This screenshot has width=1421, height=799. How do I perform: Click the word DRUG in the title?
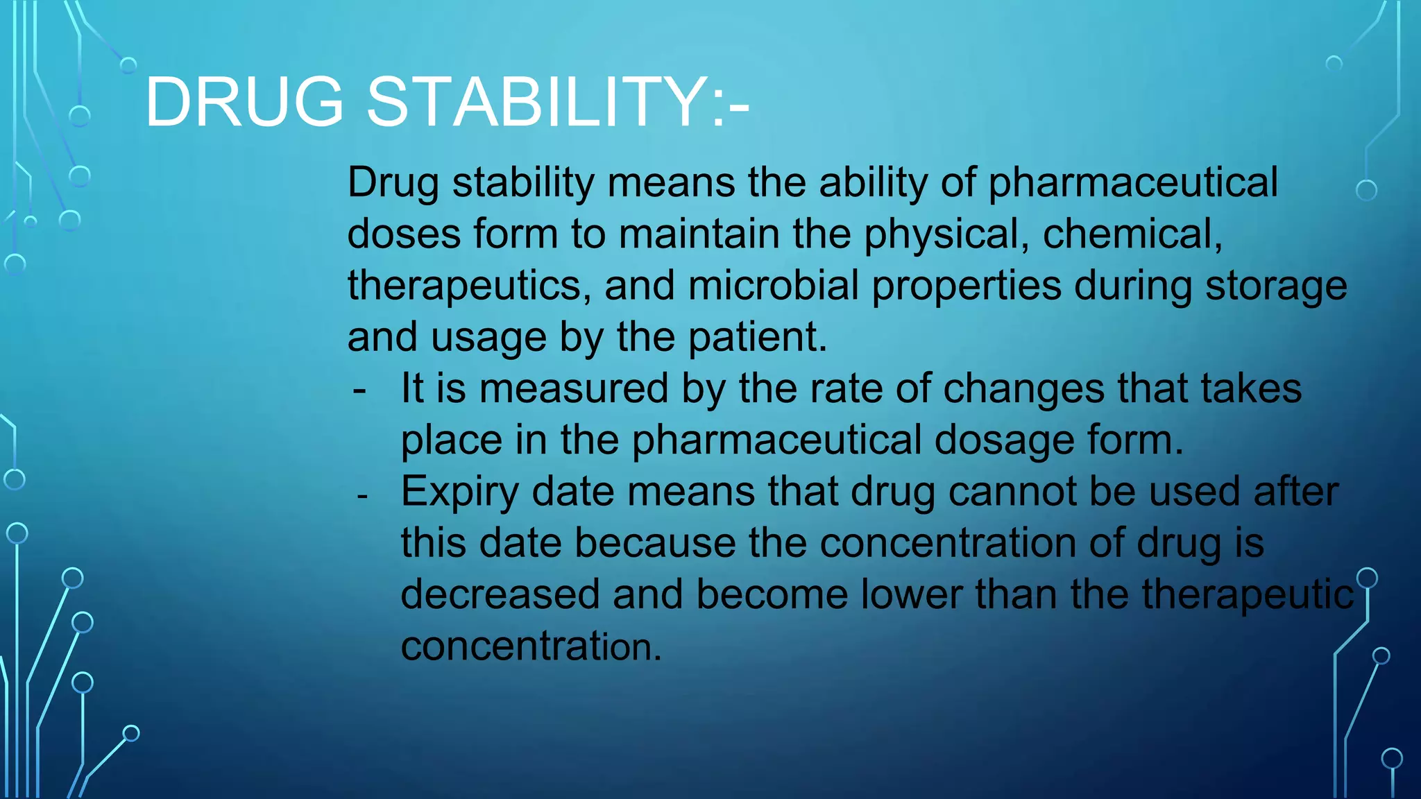[x=244, y=103]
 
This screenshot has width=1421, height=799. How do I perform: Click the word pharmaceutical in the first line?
[x=1132, y=184]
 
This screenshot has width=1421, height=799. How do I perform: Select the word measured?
[x=573, y=388]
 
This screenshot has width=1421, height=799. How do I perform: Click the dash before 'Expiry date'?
[x=361, y=496]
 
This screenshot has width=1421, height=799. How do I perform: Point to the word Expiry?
[x=459, y=492]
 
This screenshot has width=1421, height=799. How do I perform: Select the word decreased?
[x=500, y=594]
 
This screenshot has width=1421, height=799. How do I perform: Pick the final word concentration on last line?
[x=530, y=646]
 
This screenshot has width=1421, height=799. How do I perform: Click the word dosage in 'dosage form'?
[x=1003, y=441]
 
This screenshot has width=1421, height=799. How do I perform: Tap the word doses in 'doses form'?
[x=404, y=234]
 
